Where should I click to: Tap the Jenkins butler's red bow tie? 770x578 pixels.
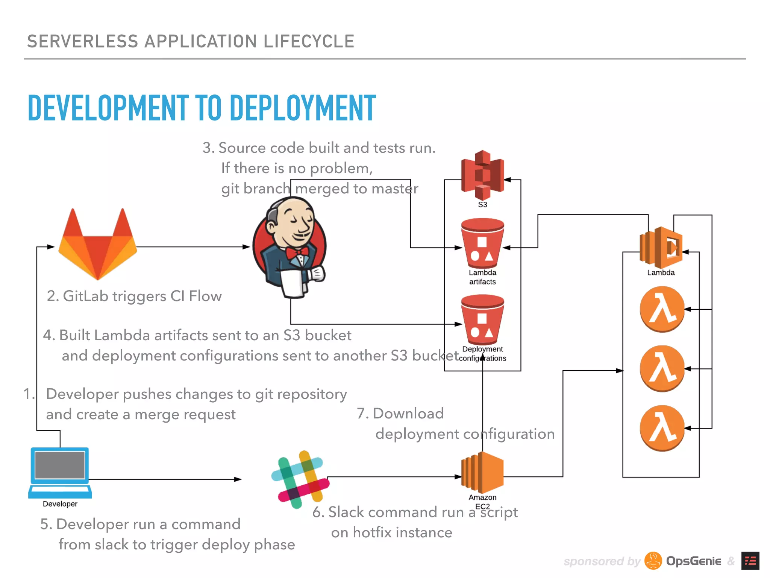(x=297, y=252)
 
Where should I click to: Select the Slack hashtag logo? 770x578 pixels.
(x=300, y=479)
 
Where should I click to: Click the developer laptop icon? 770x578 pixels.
(x=60, y=472)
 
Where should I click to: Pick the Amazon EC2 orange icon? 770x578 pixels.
(x=482, y=472)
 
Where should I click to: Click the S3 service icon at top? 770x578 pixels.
(x=483, y=175)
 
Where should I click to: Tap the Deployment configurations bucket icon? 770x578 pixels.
(x=482, y=320)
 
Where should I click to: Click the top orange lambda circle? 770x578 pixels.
(x=662, y=309)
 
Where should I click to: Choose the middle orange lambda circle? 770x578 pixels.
(x=662, y=369)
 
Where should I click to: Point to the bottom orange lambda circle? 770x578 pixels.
(x=662, y=428)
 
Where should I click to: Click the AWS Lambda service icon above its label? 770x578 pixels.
(x=661, y=246)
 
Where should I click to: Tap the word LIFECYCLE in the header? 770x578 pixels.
(x=309, y=41)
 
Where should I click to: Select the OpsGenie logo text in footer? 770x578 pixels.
(x=693, y=561)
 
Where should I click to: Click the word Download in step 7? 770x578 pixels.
(x=408, y=414)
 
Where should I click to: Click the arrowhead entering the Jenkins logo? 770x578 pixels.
(x=247, y=247)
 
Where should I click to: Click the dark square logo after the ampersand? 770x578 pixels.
(x=750, y=561)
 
